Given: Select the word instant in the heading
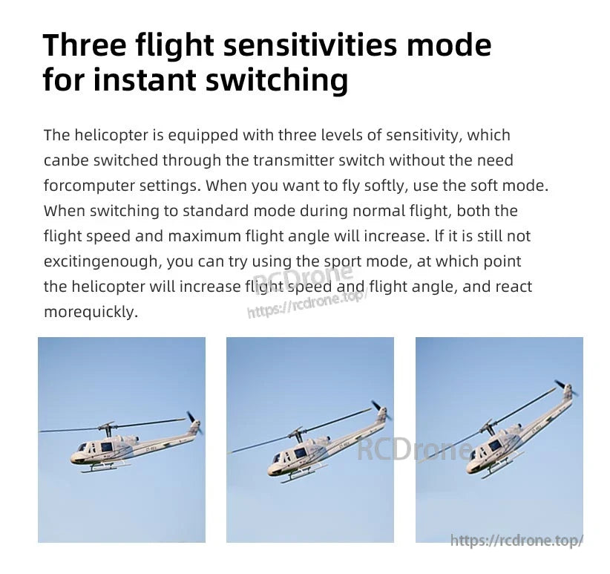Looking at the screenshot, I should coord(154,80).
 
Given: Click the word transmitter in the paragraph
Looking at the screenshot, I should coord(295,160).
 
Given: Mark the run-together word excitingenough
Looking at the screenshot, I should coord(101,261).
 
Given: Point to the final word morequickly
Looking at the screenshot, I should coord(90,312).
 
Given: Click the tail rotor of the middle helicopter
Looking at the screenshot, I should coord(379,410).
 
